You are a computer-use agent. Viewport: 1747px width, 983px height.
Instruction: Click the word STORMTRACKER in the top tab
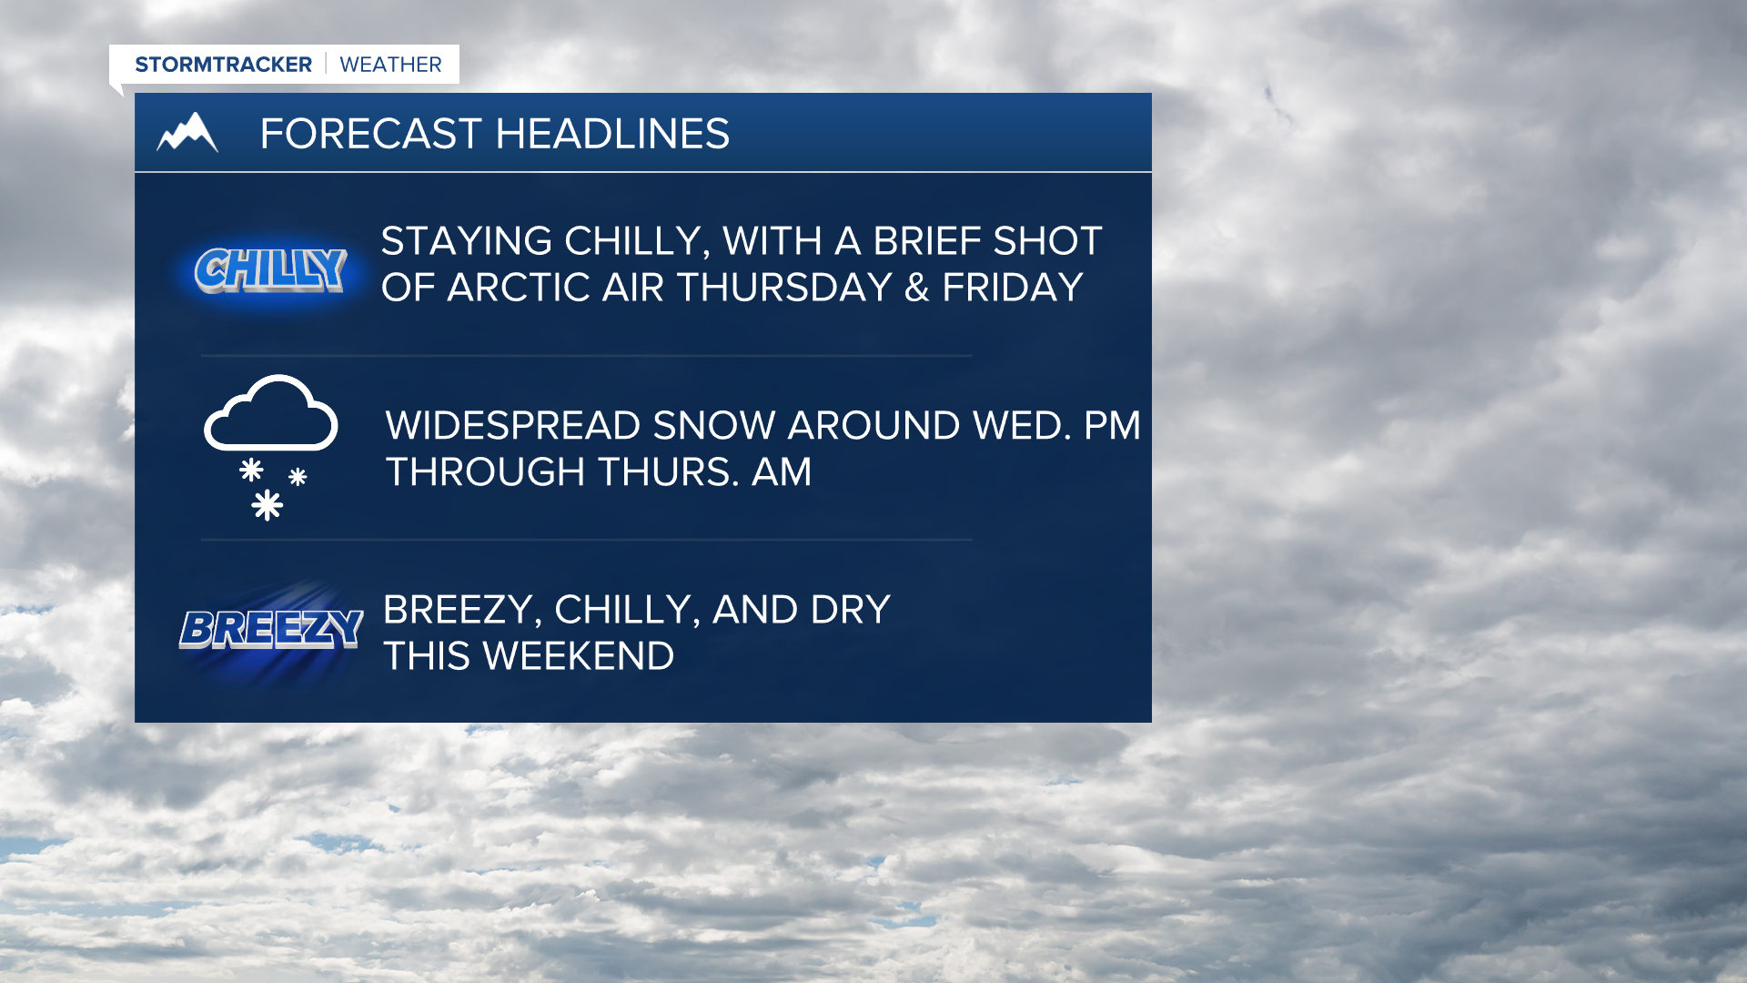tap(223, 65)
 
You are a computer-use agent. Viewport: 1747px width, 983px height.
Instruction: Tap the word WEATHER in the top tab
tap(390, 65)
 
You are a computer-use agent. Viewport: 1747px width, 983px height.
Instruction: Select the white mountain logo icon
tap(187, 132)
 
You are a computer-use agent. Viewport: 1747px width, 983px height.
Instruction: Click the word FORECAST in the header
tap(370, 134)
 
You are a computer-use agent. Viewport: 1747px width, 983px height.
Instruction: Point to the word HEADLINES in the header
tap(612, 134)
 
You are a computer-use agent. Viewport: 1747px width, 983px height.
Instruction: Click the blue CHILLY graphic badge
tap(270, 270)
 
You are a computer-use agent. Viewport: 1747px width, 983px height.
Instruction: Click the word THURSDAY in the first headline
tap(784, 288)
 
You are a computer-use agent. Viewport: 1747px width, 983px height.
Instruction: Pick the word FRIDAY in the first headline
tap(1013, 288)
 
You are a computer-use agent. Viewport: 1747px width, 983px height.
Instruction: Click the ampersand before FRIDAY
tap(917, 288)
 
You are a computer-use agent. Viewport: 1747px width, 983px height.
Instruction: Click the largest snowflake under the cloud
tap(267, 504)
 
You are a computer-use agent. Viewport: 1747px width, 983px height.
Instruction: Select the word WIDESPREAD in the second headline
tap(513, 426)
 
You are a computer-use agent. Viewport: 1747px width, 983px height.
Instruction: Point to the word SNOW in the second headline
tap(715, 426)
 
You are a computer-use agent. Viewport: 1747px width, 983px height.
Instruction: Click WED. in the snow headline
tap(1022, 426)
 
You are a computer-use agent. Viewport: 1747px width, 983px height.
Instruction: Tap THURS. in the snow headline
tap(668, 472)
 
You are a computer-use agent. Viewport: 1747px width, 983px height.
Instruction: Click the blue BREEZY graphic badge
tap(271, 629)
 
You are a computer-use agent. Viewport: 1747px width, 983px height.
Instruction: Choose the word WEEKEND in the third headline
tap(579, 656)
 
